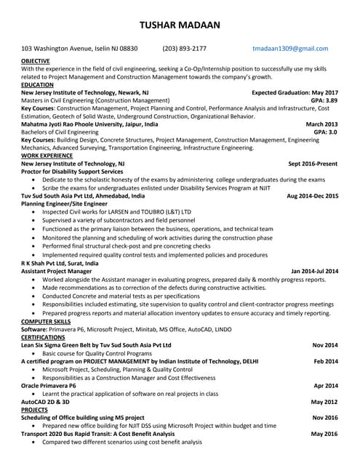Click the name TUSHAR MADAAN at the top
point(180,25)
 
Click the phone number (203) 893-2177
point(184,49)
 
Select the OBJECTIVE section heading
point(36,61)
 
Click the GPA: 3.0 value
point(325,132)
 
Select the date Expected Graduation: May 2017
point(295,93)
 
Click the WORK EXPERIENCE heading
point(46,155)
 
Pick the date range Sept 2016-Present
point(313,164)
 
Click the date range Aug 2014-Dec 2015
point(312,195)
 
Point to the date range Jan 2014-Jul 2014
point(314,271)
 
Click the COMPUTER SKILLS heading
point(46,320)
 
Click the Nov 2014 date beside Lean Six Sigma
point(325,344)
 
